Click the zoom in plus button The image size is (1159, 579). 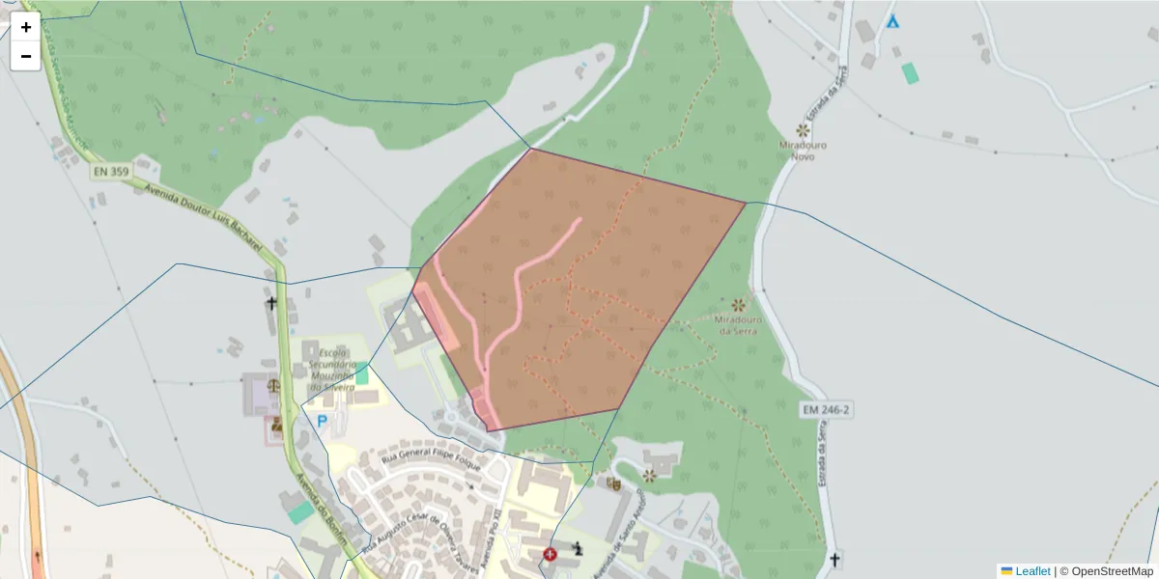tap(25, 27)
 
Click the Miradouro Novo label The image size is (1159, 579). tap(803, 151)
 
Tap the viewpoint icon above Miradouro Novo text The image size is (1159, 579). tap(802, 130)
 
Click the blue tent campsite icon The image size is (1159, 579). tap(892, 21)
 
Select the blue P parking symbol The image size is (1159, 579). tap(322, 421)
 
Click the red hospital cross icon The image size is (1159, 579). tap(551, 554)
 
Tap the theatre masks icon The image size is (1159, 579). tap(613, 482)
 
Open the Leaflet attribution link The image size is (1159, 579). tap(1032, 571)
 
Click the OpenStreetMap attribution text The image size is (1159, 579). tap(1106, 571)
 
